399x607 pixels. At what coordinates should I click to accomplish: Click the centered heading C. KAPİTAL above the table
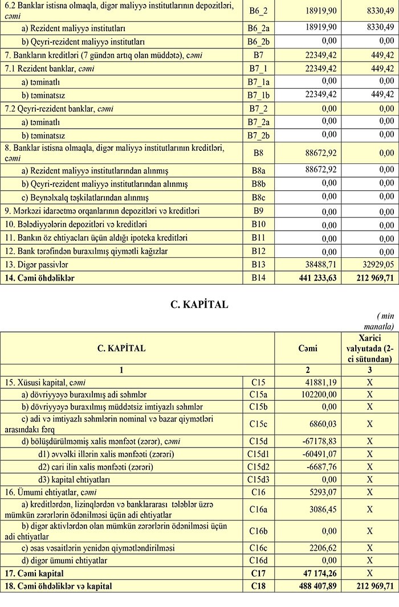click(x=199, y=305)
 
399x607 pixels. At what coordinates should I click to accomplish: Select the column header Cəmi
click(x=308, y=348)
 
